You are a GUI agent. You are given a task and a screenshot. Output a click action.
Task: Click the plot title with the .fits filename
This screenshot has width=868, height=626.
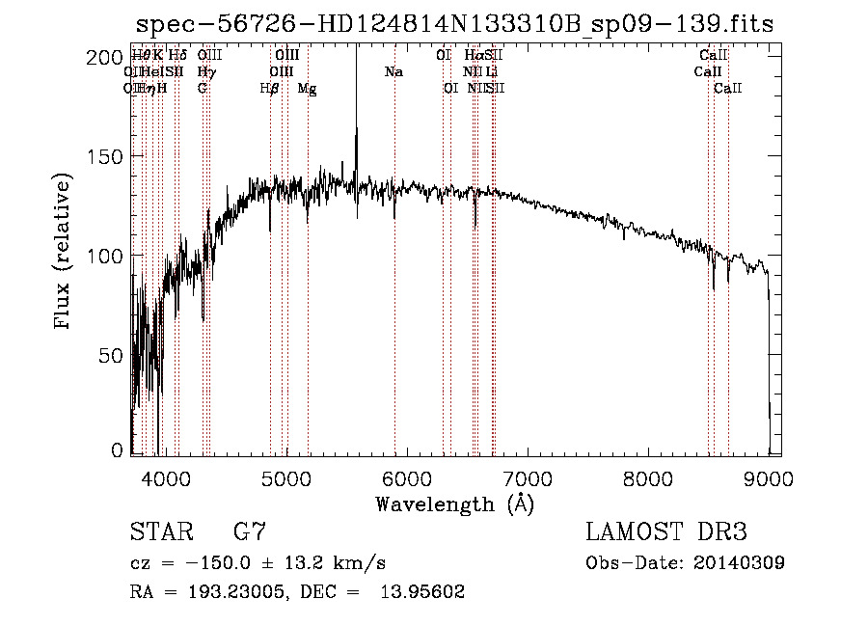(x=454, y=25)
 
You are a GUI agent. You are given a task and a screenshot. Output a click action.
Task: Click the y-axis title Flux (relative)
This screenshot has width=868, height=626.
(x=65, y=253)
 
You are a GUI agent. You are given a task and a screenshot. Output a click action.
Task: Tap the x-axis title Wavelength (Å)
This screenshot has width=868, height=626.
(x=454, y=504)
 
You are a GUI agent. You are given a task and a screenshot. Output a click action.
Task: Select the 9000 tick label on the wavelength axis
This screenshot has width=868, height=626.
(x=769, y=477)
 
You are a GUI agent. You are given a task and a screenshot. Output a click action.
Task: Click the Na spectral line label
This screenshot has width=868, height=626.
(x=393, y=72)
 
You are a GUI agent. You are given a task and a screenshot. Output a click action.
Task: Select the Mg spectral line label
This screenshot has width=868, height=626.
(x=307, y=89)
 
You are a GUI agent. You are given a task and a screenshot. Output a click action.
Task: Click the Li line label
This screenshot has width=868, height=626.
(x=492, y=72)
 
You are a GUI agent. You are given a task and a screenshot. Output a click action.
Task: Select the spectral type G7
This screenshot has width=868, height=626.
(x=250, y=532)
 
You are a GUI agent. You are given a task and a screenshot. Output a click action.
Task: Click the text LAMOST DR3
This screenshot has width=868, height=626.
(x=665, y=532)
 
